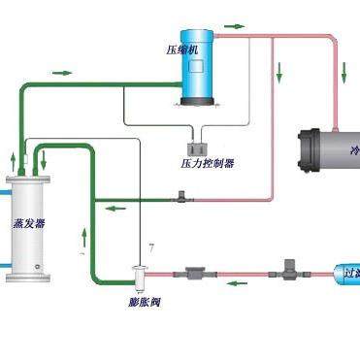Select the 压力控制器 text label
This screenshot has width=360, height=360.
click(x=207, y=163)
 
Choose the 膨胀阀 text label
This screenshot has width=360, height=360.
click(x=143, y=303)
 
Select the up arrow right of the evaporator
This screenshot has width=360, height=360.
click(x=86, y=234)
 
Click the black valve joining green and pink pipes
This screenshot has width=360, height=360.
click(x=180, y=199)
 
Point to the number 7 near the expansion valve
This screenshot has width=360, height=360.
click(x=150, y=249)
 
